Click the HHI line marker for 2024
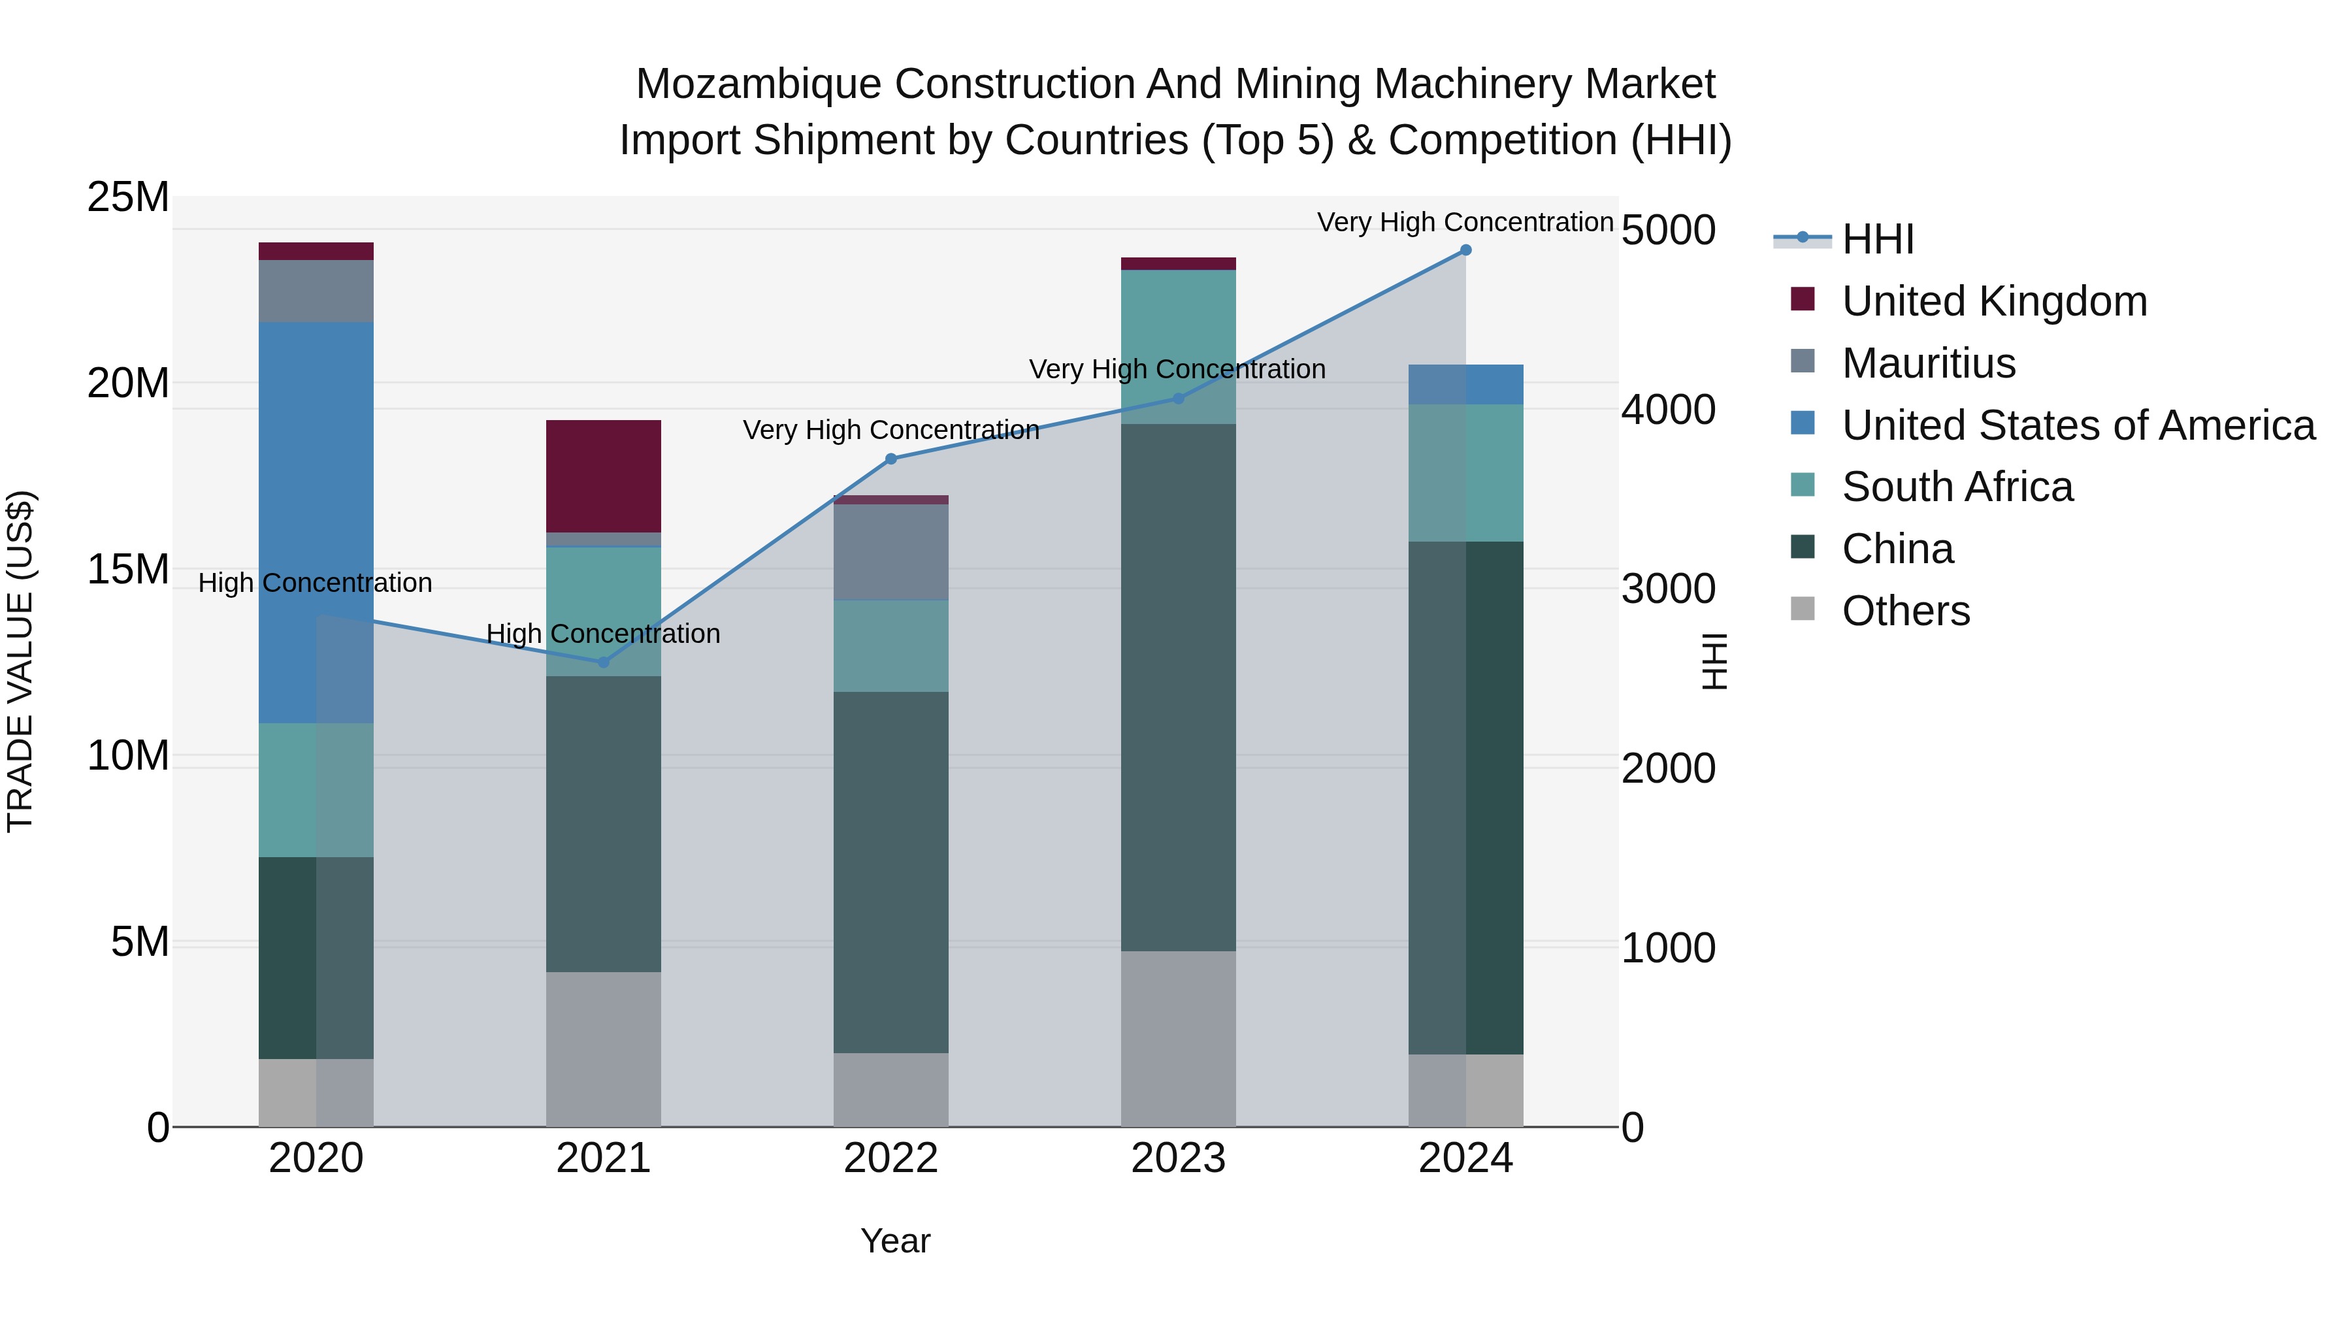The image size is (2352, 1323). click(1465, 250)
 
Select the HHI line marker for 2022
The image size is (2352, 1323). click(891, 459)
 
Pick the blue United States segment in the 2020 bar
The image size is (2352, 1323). click(316, 522)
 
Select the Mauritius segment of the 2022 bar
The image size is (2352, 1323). click(890, 551)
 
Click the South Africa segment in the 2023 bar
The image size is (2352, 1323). click(1178, 347)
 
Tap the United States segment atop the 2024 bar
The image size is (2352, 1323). click(1465, 384)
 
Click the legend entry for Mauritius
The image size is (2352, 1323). click(1927, 363)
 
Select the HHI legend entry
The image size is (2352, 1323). click(1877, 239)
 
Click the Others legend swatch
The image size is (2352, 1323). click(1803, 608)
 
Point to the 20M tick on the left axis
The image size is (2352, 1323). click(128, 384)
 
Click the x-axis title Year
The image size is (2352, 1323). click(895, 1241)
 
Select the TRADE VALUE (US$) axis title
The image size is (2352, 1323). click(20, 661)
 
